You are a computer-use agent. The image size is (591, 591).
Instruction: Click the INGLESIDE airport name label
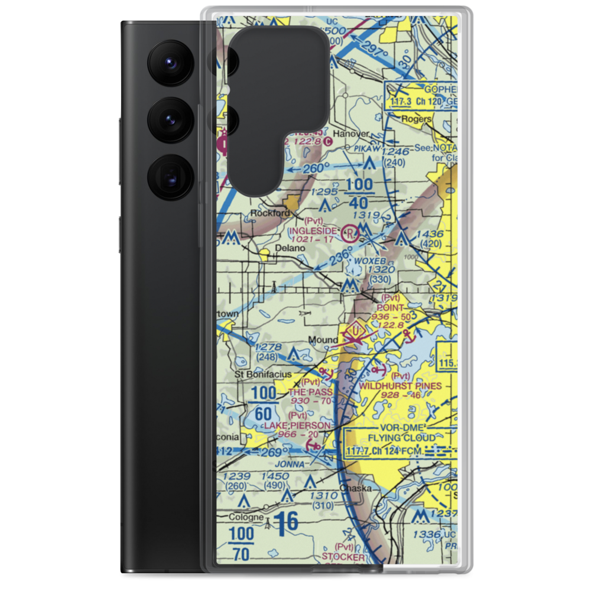313,230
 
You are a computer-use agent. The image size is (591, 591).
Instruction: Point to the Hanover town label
350,134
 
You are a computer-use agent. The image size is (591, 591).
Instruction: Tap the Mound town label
323,340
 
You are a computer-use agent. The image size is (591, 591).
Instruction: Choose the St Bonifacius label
263,375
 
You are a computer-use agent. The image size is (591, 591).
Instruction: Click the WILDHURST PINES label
400,386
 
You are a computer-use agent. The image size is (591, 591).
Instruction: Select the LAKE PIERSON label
297,426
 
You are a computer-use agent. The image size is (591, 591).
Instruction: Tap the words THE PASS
311,392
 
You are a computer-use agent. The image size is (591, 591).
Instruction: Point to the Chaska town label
356,489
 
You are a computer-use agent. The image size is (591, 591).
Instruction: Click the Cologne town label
247,517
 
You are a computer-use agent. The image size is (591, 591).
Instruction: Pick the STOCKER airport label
343,557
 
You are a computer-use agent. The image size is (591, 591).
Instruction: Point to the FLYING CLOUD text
401,438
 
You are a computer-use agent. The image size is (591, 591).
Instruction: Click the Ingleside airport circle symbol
350,232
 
